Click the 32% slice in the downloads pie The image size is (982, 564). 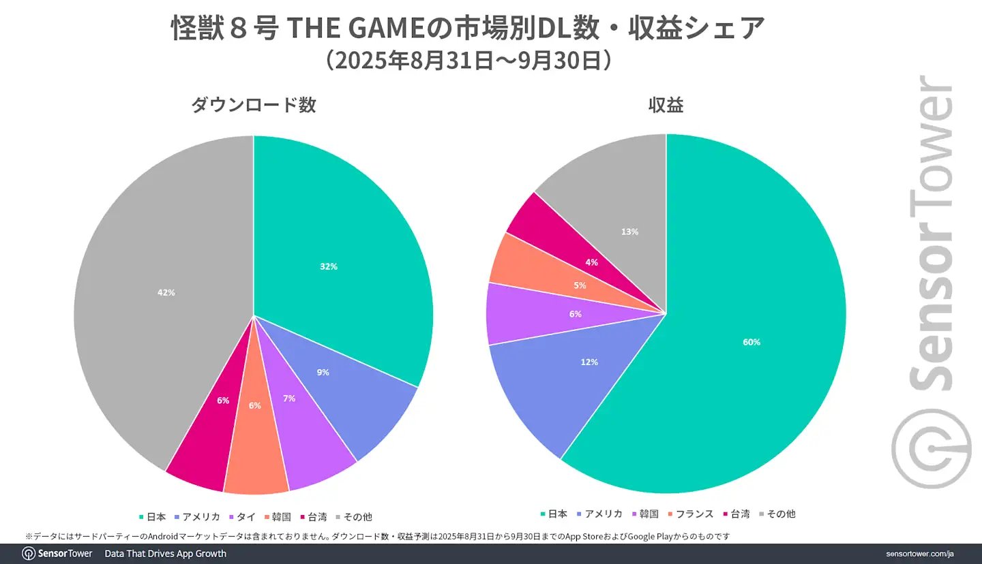pos(329,266)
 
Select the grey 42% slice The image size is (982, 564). pos(166,292)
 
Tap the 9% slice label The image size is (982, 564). pos(323,373)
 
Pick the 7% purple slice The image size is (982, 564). pos(289,398)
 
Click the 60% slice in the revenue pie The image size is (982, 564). pos(752,342)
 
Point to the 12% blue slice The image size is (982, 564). pos(589,362)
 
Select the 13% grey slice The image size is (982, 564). pos(630,232)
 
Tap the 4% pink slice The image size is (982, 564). pos(592,262)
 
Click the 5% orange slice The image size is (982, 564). pos(580,285)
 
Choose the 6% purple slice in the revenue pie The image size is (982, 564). pos(576,314)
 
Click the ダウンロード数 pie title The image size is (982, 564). pos(254,105)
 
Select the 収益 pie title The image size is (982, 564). pos(666,105)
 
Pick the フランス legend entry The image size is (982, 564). pos(694,514)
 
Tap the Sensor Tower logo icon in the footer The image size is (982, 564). pos(29,553)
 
